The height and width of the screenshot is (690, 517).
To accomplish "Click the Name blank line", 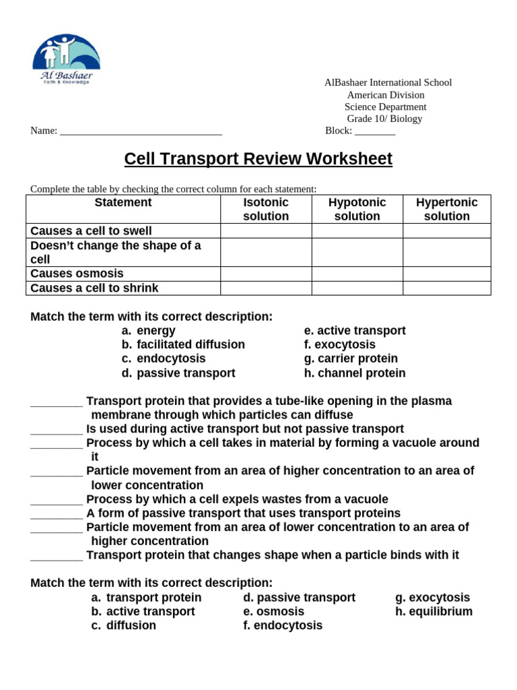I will [x=141, y=132].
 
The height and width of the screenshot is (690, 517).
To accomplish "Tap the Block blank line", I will [x=375, y=132].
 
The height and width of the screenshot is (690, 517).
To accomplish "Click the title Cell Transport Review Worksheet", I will [x=258, y=159].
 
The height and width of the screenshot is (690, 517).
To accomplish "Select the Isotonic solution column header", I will [x=266, y=210].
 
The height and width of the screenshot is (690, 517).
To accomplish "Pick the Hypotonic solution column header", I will [x=357, y=210].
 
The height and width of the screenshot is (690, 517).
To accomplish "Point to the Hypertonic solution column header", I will [x=447, y=210].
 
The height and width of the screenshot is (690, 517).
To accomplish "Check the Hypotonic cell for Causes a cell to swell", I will [x=357, y=231].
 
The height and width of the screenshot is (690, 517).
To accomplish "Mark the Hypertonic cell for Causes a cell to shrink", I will [x=447, y=288].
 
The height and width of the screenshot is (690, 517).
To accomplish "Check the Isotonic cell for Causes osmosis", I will [x=266, y=274].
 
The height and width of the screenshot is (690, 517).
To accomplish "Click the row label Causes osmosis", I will [x=77, y=274].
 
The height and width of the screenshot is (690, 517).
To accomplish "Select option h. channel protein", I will [x=355, y=373].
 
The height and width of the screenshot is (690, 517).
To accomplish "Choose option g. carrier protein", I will [x=351, y=359].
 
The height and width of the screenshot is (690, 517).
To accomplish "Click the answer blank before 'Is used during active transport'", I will [x=57, y=430].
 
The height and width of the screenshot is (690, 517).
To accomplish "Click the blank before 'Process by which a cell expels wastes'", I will [x=57, y=500].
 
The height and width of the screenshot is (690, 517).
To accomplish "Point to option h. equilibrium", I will [x=434, y=612].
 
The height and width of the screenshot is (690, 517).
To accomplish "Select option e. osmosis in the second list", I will [x=274, y=612].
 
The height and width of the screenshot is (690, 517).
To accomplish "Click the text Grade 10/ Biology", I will [x=384, y=119].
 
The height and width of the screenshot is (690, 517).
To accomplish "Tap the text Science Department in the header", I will [x=385, y=106].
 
